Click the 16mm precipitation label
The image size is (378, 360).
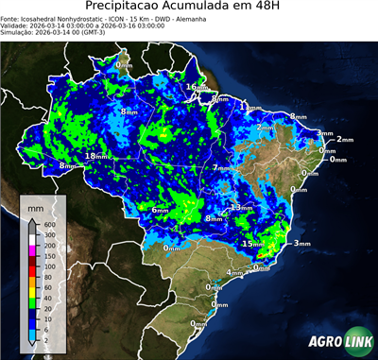[x=195, y=87]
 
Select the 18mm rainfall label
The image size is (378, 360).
[x=97, y=156]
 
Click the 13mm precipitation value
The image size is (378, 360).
[x=242, y=207]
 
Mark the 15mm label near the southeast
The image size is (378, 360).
[x=252, y=244]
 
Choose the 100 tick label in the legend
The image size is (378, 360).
[x=48, y=266]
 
